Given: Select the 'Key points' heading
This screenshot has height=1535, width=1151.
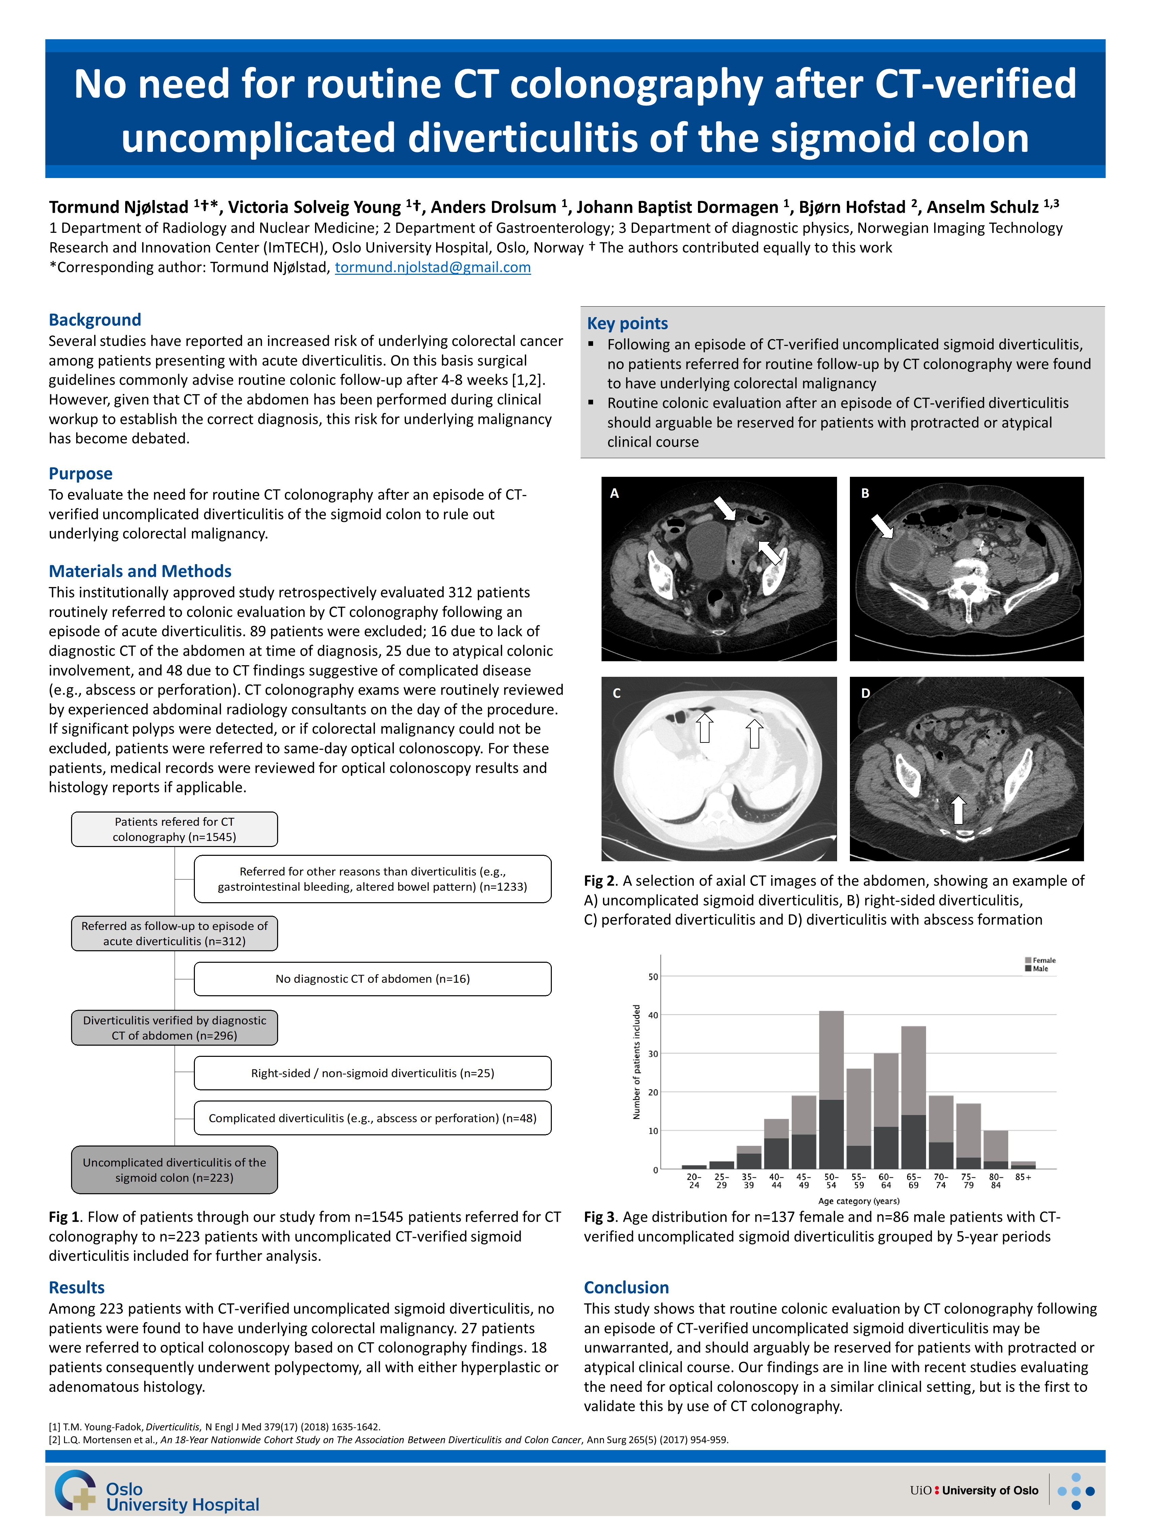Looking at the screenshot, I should tap(627, 324).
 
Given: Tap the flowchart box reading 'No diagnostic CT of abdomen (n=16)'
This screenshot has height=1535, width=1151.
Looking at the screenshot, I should tap(373, 978).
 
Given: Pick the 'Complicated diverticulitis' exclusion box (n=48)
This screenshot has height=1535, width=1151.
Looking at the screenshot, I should tap(373, 1118).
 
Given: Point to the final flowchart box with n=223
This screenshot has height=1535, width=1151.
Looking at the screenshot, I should tap(174, 1170).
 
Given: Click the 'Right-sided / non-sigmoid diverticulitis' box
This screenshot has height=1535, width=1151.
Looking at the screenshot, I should tap(373, 1073).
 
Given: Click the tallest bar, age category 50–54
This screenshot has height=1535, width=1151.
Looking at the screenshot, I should tap(831, 1089).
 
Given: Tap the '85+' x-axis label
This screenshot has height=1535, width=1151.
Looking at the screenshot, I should tap(1023, 1177).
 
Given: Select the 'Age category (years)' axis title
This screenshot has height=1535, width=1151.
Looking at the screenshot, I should tap(858, 1201).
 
